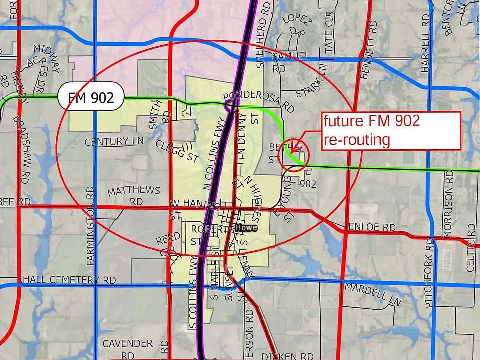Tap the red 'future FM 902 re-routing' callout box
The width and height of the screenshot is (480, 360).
tap(390, 130)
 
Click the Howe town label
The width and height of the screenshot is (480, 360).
tap(247, 228)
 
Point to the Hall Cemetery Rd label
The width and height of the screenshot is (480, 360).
tap(69, 280)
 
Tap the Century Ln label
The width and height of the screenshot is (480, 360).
tap(114, 142)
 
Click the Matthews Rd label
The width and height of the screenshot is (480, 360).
tap(134, 196)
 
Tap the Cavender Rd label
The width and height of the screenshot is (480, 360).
tap(127, 349)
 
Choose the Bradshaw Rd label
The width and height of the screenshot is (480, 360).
tap(22, 145)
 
